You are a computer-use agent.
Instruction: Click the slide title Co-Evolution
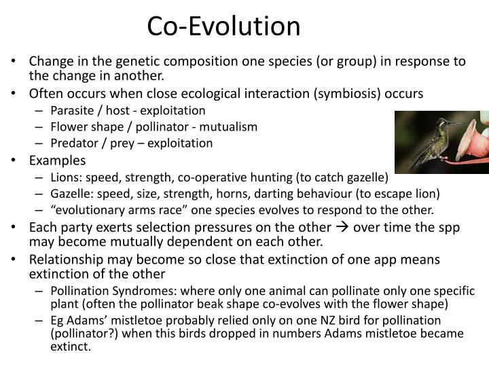(224, 26)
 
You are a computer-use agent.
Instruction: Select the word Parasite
(71, 110)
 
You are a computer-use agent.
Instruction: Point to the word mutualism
(233, 126)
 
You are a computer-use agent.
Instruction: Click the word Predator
(73, 143)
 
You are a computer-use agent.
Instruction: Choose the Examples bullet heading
(57, 160)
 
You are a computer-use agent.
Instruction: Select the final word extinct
(70, 346)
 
